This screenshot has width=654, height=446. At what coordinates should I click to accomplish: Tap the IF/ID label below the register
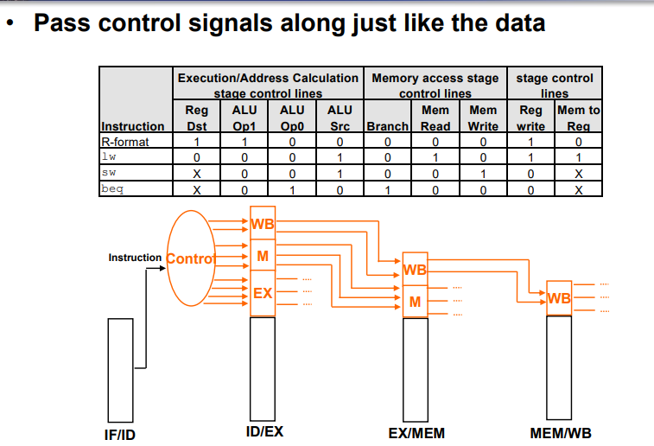pyautogui.click(x=119, y=434)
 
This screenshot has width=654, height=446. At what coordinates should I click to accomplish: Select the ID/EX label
pyautogui.click(x=264, y=431)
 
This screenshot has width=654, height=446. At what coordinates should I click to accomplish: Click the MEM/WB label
pyautogui.click(x=561, y=432)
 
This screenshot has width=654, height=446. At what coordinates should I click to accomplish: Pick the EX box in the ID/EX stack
pyautogui.click(x=264, y=294)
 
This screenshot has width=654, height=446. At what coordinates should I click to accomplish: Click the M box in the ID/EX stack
pyautogui.click(x=264, y=256)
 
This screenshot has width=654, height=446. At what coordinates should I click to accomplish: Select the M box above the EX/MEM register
pyautogui.click(x=416, y=302)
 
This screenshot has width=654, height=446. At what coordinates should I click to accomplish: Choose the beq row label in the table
pyautogui.click(x=113, y=188)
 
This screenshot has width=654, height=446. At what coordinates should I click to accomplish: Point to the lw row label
pyautogui.click(x=109, y=156)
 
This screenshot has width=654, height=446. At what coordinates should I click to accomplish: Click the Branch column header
pyautogui.click(x=387, y=126)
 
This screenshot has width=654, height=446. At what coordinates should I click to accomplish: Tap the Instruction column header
pyautogui.click(x=132, y=126)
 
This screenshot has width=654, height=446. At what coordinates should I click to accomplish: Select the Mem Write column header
pyautogui.click(x=483, y=118)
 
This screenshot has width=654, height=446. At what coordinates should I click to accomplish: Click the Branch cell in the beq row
pyautogui.click(x=387, y=189)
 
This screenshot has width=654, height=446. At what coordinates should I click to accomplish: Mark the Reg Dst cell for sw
pyautogui.click(x=197, y=173)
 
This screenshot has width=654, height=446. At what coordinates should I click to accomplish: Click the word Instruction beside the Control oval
pyautogui.click(x=135, y=258)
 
